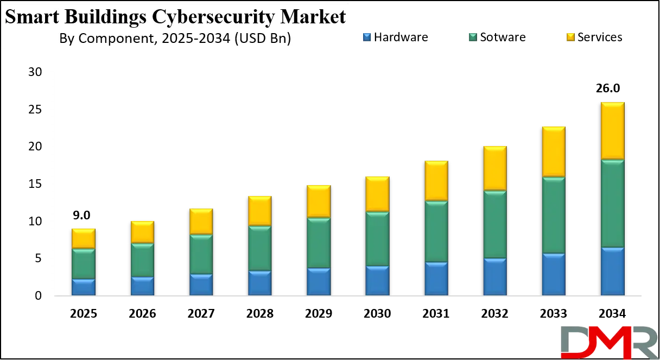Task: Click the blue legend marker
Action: pyautogui.click(x=367, y=37)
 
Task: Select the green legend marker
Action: pyautogui.click(x=473, y=37)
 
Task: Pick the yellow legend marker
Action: pyautogui.click(x=570, y=37)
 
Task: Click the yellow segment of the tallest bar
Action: pyautogui.click(x=612, y=130)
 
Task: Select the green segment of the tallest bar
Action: pyautogui.click(x=612, y=204)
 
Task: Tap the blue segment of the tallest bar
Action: pyautogui.click(x=612, y=271)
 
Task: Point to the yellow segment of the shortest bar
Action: pyautogui.click(x=83, y=238)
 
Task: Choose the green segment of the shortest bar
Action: pyautogui.click(x=83, y=264)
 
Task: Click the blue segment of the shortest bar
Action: pyautogui.click(x=83, y=287)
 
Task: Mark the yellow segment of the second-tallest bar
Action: pyautogui.click(x=554, y=151)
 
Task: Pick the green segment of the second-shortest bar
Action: pyautogui.click(x=142, y=260)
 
